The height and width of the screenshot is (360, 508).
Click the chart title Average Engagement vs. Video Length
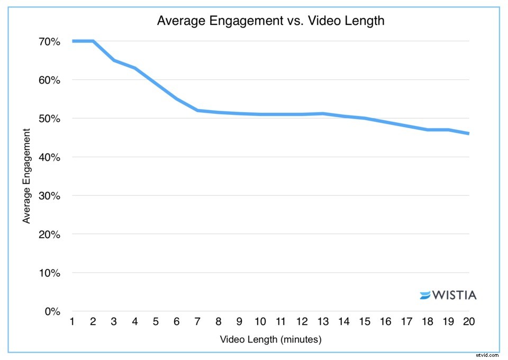tap(270, 22)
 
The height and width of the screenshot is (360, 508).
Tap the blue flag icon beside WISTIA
tap(425, 295)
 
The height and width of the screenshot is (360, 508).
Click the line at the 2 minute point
tap(93, 41)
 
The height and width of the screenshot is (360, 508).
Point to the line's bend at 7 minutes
tap(197, 110)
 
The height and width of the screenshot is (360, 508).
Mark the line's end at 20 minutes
tap(468, 133)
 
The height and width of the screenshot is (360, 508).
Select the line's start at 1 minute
tap(72, 41)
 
